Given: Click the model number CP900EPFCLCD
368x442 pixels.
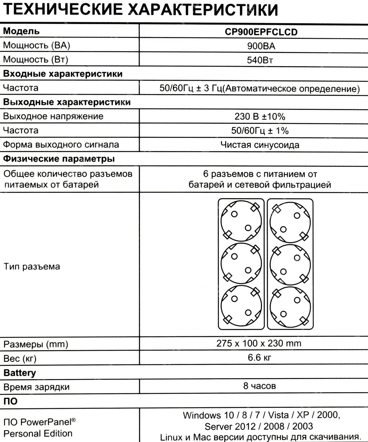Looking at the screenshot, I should pyautogui.click(x=261, y=32).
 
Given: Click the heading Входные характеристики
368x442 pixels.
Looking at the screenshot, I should pyautogui.click(x=63, y=74).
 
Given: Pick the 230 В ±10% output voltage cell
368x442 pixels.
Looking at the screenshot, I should pyautogui.click(x=260, y=116).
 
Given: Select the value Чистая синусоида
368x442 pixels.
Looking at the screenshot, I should pyautogui.click(x=260, y=145).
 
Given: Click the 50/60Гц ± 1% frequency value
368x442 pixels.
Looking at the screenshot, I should pyautogui.click(x=260, y=131).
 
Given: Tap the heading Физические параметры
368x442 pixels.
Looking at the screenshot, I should pyautogui.click(x=59, y=159).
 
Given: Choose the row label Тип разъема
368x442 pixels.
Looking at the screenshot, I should pyautogui.click(x=32, y=266).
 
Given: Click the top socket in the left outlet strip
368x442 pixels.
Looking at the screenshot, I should pyautogui.click(x=241, y=221).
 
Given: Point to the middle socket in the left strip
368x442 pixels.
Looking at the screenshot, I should pyautogui.click(x=241, y=264).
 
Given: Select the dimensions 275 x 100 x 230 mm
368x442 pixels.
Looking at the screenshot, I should pyautogui.click(x=259, y=343).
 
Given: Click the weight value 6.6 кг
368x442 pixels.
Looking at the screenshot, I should pyautogui.click(x=259, y=357).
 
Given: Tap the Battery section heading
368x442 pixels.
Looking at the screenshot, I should pyautogui.click(x=19, y=373).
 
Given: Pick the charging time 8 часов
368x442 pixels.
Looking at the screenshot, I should pyautogui.click(x=259, y=386).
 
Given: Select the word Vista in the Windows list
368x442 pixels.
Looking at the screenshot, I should pyautogui.click(x=278, y=415).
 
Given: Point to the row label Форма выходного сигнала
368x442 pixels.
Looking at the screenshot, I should pyautogui.click(x=61, y=145).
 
